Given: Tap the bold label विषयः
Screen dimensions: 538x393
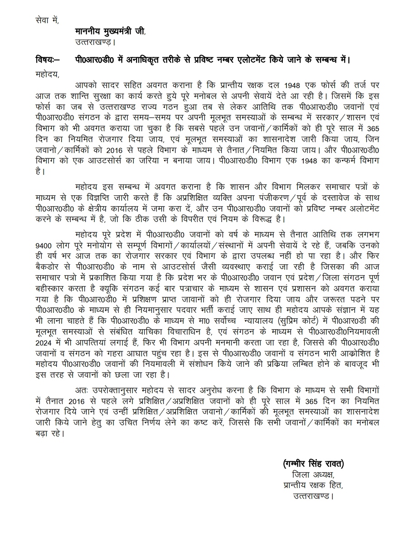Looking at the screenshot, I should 45,60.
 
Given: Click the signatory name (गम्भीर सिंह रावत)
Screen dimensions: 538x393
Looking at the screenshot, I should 313,464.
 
